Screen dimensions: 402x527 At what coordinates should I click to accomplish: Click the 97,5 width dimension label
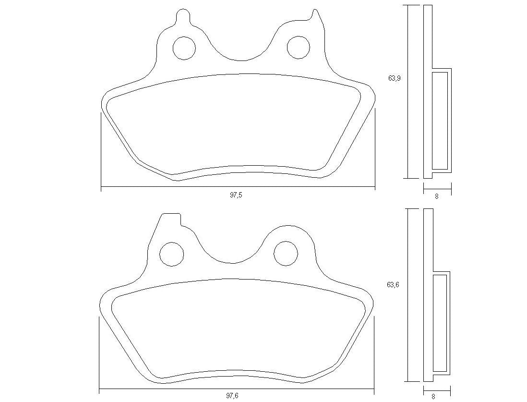[236, 195]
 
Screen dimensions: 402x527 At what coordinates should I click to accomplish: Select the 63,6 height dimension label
[393, 284]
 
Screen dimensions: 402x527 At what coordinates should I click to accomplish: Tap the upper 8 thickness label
[436, 196]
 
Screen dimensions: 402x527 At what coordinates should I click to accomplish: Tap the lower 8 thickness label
[433, 397]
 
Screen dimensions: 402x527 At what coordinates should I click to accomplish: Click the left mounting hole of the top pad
[184, 48]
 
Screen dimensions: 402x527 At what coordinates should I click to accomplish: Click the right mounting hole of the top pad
[299, 47]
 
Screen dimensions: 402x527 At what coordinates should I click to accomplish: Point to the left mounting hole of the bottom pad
[171, 254]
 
